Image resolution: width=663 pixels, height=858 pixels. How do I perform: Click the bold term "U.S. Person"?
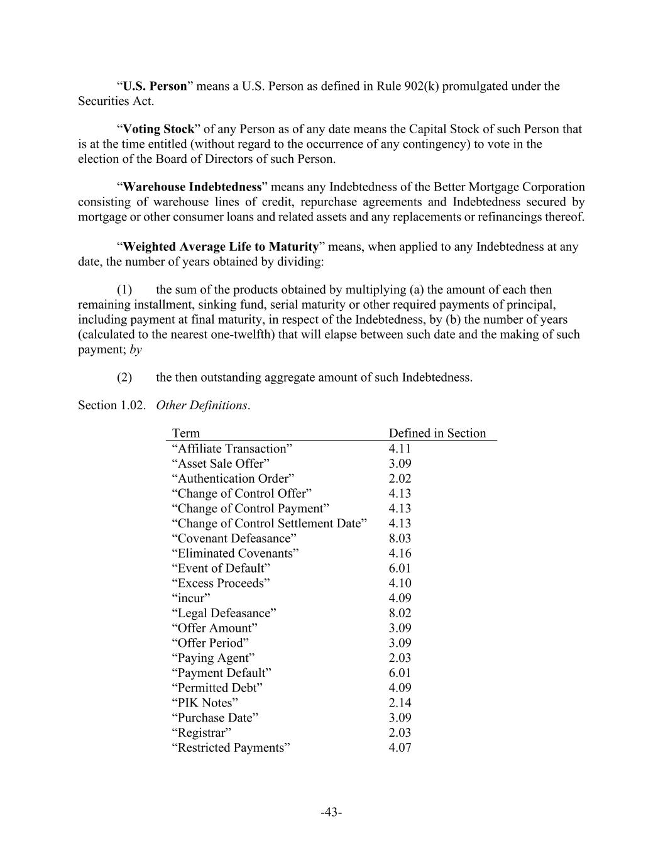[155, 86]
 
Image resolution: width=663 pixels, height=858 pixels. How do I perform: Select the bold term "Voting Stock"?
[158, 129]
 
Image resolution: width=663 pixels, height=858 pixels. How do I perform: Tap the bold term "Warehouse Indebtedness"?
[192, 187]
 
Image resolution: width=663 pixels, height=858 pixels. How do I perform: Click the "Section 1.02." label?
[111, 405]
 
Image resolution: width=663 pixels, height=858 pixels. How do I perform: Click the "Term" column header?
[186, 433]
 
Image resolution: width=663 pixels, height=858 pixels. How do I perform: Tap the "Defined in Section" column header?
[437, 433]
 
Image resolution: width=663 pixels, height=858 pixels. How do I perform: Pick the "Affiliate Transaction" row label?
[232, 448]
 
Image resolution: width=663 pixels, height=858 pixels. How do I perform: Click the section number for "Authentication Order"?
[400, 478]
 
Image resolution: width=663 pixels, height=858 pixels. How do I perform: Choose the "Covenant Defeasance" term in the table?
[234, 538]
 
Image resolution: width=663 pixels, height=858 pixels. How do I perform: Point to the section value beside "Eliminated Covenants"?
[400, 553]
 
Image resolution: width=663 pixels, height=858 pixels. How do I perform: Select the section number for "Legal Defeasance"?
[400, 613]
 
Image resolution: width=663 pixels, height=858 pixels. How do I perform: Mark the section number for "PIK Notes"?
[400, 703]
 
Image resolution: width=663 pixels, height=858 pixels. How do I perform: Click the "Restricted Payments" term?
[231, 747]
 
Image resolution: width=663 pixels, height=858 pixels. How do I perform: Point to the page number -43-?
[331, 813]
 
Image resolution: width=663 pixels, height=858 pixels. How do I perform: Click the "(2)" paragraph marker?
[124, 377]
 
